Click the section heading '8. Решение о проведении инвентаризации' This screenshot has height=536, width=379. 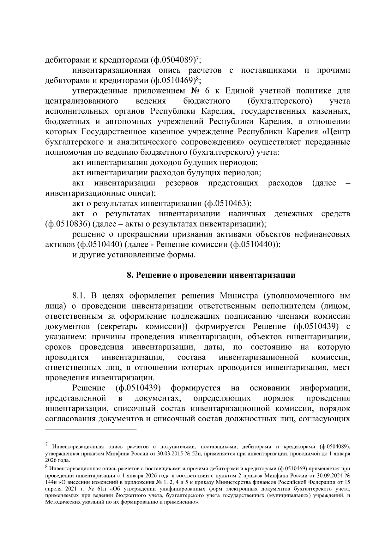211,275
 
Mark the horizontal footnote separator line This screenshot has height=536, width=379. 91,430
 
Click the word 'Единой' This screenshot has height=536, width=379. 239,91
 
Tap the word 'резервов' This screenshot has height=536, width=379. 181,183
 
